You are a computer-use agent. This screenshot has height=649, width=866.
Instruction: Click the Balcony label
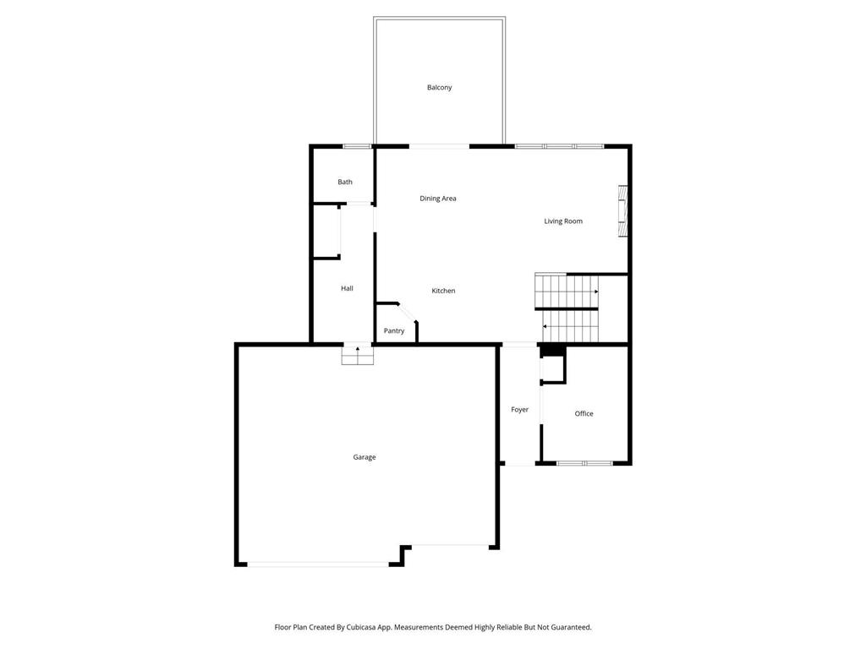[439, 88]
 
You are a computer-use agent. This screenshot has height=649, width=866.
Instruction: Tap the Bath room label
[345, 182]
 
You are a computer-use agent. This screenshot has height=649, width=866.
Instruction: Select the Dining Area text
[438, 199]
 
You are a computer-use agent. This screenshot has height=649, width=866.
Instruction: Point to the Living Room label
[562, 221]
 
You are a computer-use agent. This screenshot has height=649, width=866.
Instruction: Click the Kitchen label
[443, 291]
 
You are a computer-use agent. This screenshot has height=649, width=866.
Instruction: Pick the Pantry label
[394, 331]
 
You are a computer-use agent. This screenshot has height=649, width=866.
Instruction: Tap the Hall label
[347, 288]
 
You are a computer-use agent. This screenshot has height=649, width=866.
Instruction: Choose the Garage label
[364, 457]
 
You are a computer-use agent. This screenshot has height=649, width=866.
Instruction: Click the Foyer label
[519, 410]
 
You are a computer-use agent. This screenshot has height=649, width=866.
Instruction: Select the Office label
[584, 413]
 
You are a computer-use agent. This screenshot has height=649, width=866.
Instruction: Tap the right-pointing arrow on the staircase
[595, 292]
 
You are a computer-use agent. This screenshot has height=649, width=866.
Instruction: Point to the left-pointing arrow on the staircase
[545, 326]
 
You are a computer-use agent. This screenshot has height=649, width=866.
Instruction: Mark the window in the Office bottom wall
[584, 463]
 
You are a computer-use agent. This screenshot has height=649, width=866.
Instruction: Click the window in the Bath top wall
[357, 146]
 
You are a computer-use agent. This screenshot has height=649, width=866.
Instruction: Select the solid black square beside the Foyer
[551, 351]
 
